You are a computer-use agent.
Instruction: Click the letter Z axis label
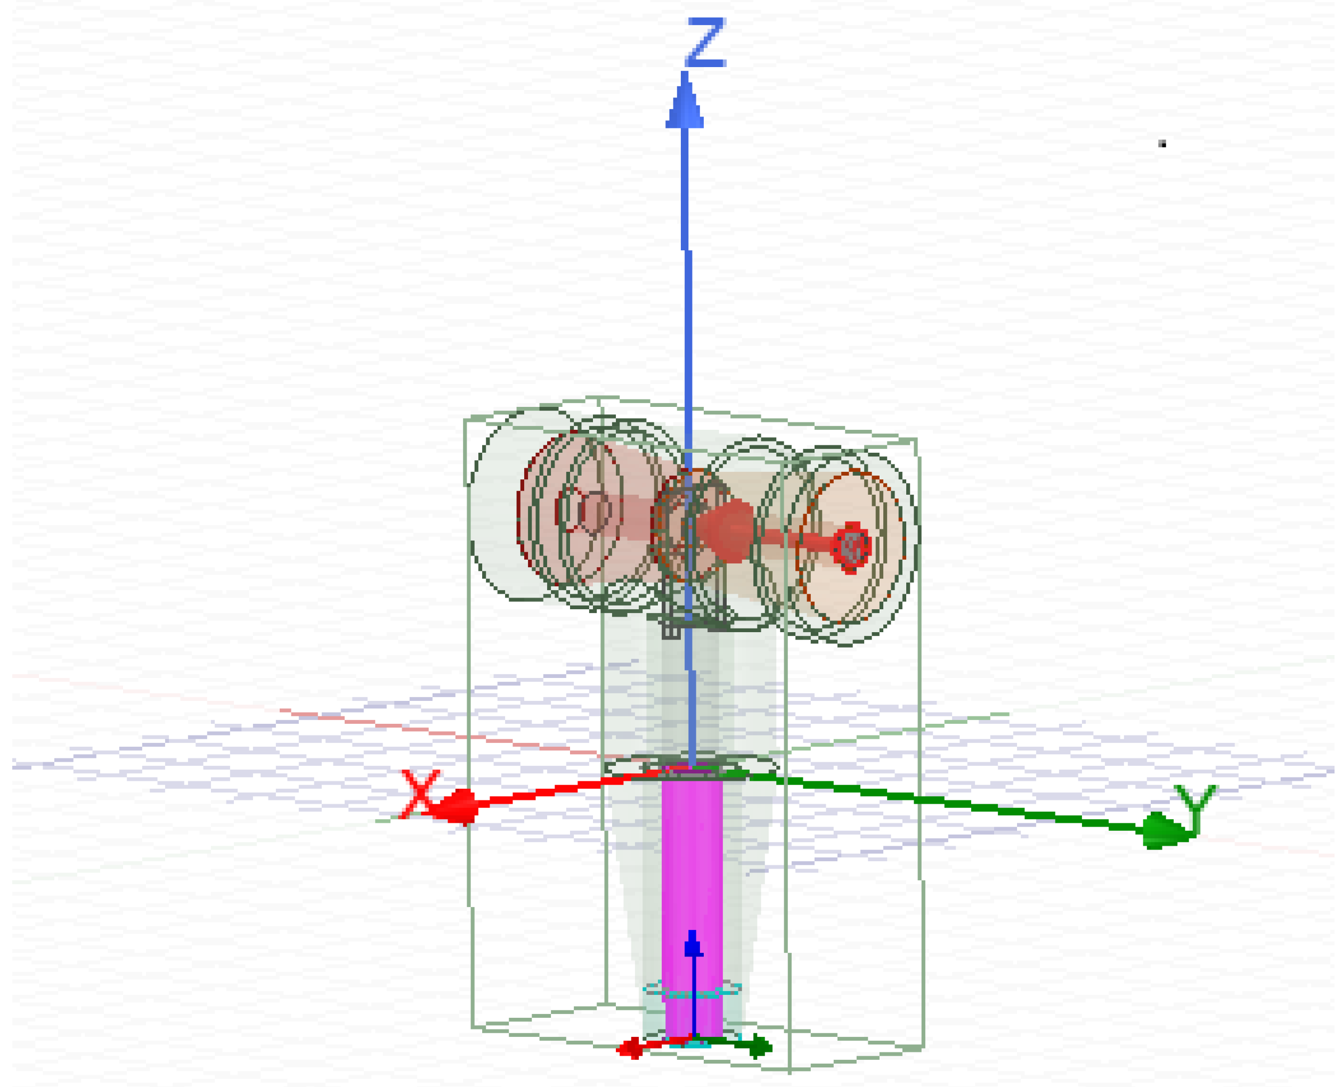(706, 42)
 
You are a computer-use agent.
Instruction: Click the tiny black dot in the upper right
(1161, 144)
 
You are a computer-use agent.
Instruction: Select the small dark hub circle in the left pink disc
(596, 511)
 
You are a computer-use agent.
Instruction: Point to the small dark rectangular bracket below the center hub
(671, 630)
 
